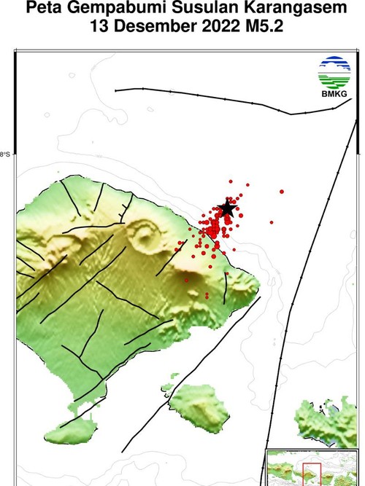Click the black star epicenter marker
point(227,209)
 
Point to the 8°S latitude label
point(5,154)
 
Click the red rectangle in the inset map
point(312,474)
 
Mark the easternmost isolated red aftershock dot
point(282,192)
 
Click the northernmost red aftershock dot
point(230,181)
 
